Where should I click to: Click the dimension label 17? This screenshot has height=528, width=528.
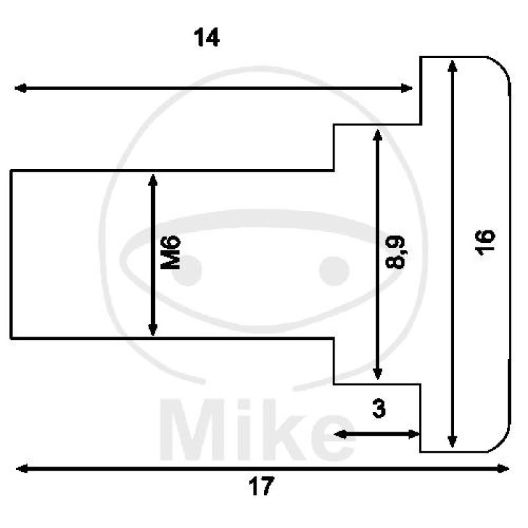pos(261,488)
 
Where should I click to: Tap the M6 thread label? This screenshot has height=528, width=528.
pos(172,254)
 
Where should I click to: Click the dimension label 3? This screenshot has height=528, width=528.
pos(378,409)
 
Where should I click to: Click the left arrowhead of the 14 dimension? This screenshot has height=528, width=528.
pos(20,88)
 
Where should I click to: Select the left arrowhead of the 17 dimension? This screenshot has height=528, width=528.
pos(21,469)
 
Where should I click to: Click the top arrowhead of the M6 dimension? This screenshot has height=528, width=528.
pos(153,180)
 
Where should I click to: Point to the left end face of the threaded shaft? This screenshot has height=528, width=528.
pos(11,254)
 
